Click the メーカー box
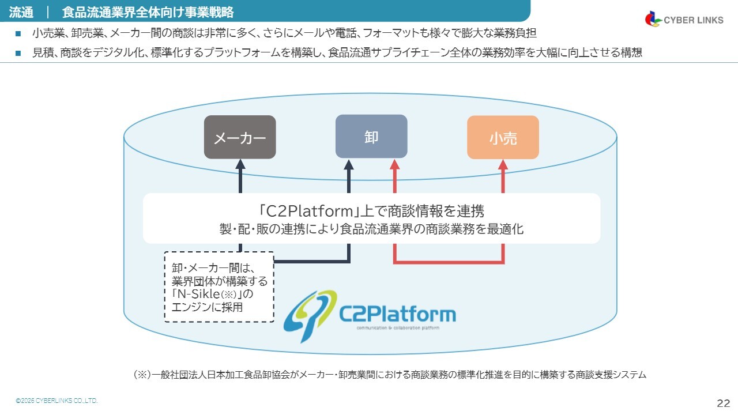pos(240,137)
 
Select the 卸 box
pos(371,136)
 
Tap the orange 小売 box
pos(503,137)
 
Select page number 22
pos(724,402)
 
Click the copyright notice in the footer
pos(57,401)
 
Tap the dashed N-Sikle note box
pos(219,286)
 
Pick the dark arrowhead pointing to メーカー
pos(240,164)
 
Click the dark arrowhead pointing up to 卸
pos(349,164)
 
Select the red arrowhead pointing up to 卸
pos(394,164)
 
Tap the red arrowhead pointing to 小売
pos(503,164)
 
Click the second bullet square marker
pos(18,53)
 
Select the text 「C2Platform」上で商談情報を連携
pos(371,210)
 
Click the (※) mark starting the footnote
pos(142,375)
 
